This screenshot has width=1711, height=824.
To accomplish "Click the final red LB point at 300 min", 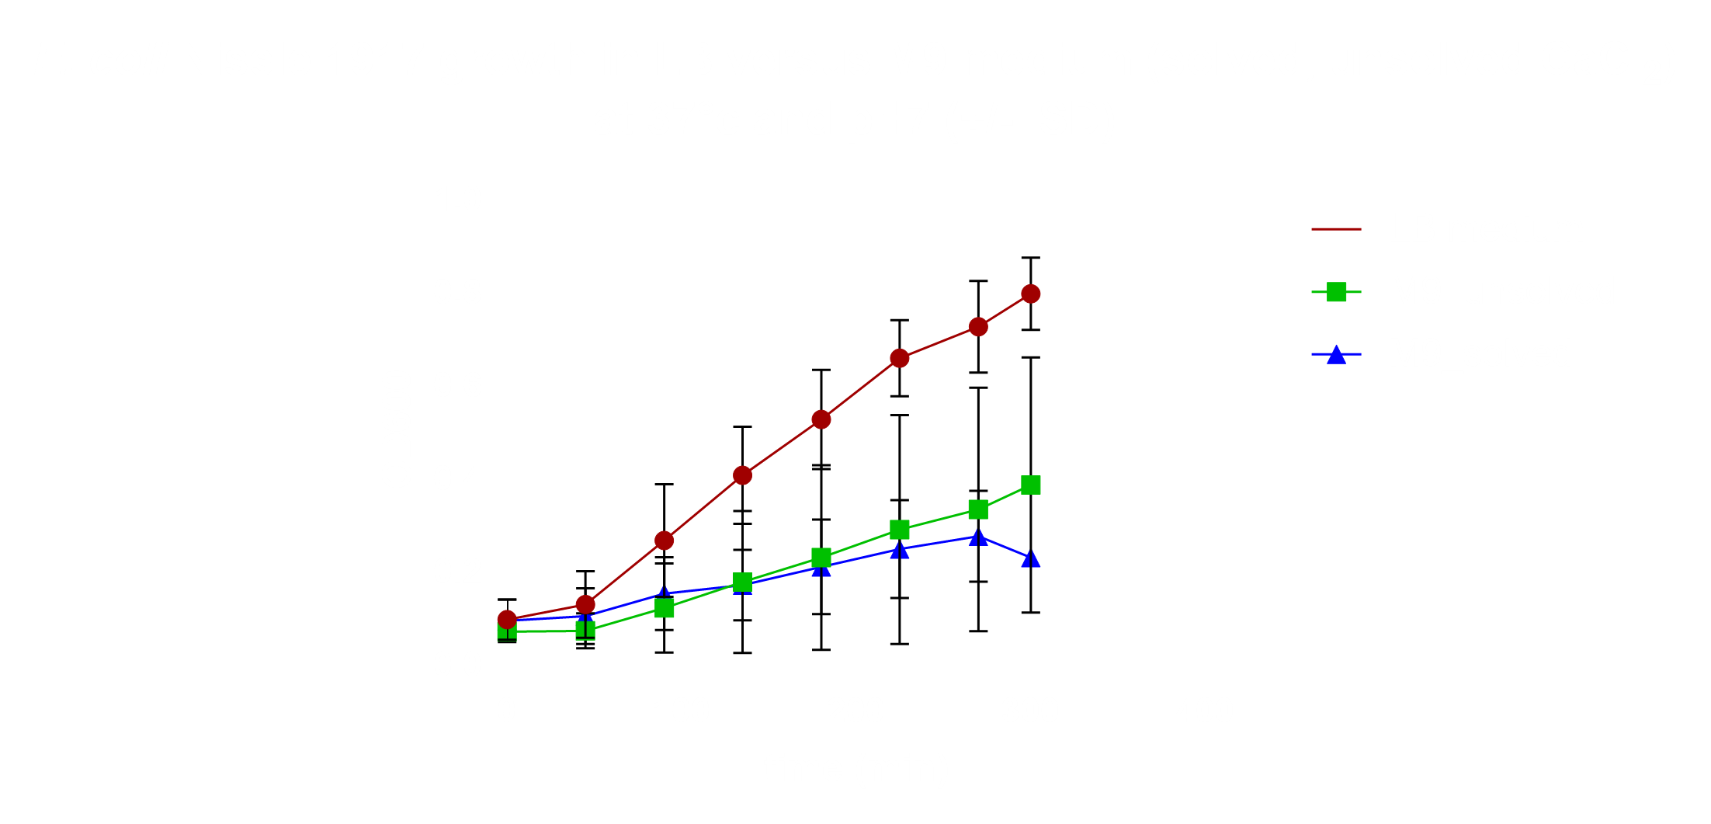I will pyautogui.click(x=1030, y=294).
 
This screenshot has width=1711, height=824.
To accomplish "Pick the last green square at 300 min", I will pyautogui.click(x=1030, y=485).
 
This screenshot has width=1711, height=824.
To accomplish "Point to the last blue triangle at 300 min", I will pyautogui.click(x=1030, y=559).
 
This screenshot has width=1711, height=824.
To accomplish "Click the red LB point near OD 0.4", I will pyautogui.click(x=742, y=475).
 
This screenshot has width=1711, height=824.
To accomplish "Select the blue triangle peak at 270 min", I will pyautogui.click(x=978, y=537).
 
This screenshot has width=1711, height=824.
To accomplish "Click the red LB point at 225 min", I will pyautogui.click(x=899, y=358).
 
